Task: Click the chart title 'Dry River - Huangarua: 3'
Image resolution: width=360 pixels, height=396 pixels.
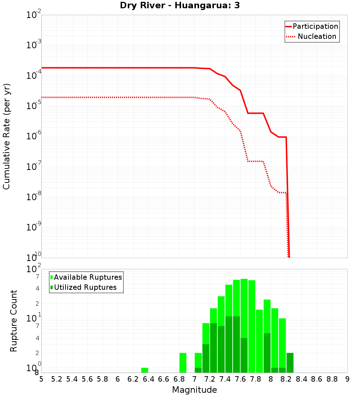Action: [x=180, y=6]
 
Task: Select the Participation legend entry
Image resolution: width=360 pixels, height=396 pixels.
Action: [x=312, y=26]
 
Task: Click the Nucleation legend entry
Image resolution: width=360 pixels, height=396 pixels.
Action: [x=312, y=36]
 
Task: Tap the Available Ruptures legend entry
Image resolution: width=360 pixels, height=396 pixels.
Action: [x=86, y=277]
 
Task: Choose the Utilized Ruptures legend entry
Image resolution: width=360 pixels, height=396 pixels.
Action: [x=83, y=287]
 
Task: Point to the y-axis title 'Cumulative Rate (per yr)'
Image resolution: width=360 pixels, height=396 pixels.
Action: [x=6, y=136]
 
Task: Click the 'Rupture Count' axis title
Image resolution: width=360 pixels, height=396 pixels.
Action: [x=14, y=320]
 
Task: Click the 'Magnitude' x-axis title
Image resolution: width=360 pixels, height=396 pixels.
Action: [x=194, y=390]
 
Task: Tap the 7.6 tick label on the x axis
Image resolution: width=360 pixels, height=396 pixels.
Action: [x=240, y=379]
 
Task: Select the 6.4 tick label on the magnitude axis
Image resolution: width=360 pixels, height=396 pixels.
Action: [x=148, y=379]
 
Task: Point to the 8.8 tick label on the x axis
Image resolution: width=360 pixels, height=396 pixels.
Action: [x=332, y=379]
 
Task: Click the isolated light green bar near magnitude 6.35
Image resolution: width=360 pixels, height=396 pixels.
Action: [x=145, y=370]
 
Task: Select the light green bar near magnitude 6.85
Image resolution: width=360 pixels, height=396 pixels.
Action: [x=183, y=363]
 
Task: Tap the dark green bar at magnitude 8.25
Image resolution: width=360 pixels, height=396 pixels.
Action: [x=290, y=363]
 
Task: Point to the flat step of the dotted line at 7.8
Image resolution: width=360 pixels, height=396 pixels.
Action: [x=256, y=161]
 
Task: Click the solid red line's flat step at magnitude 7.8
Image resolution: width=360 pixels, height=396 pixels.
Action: [x=256, y=113]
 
